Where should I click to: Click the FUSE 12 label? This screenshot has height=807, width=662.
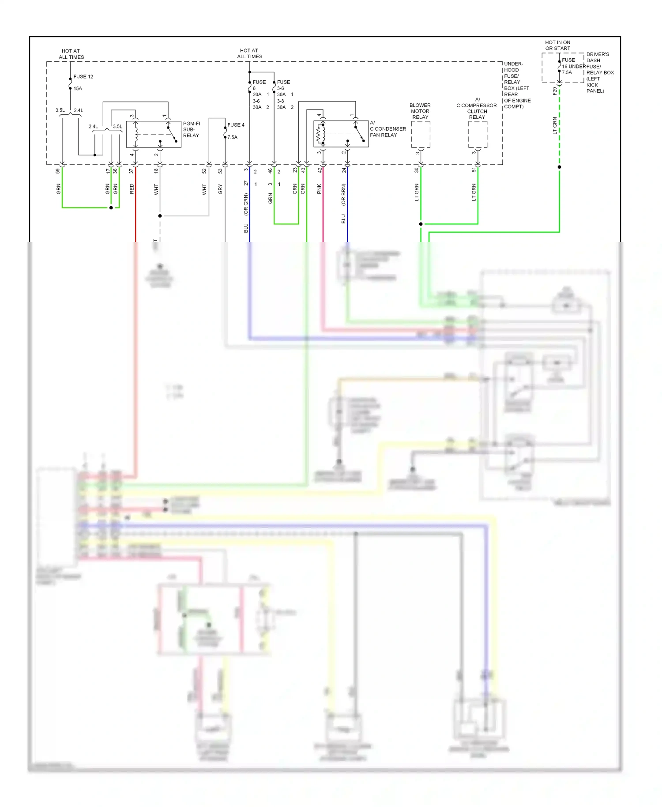(x=83, y=76)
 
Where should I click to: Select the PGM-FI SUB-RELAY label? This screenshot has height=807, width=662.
(x=191, y=129)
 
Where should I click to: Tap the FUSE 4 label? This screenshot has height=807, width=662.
(x=236, y=125)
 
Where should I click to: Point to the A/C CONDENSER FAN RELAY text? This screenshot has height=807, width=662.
(x=387, y=129)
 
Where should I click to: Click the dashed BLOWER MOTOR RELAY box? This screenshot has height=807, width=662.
(x=421, y=134)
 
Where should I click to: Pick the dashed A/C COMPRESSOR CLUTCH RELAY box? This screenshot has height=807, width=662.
(x=478, y=134)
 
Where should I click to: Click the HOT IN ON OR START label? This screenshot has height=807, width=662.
(x=557, y=45)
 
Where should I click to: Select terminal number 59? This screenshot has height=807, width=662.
(x=58, y=171)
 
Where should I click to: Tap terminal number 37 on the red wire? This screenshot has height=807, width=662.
(x=131, y=171)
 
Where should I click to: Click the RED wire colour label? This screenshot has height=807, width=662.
(x=132, y=189)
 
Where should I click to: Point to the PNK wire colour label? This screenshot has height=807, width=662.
(x=319, y=189)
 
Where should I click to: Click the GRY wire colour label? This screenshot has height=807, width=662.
(x=220, y=189)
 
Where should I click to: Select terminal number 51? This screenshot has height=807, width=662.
(x=474, y=170)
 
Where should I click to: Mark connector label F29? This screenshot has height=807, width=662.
(x=555, y=91)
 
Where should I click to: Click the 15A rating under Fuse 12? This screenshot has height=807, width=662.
(x=78, y=88)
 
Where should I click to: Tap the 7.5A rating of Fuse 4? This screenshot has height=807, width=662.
(x=232, y=137)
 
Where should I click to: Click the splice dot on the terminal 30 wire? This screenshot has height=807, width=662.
(x=421, y=224)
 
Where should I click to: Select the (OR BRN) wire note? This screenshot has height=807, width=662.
(x=343, y=195)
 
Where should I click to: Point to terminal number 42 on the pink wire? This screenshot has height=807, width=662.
(x=320, y=170)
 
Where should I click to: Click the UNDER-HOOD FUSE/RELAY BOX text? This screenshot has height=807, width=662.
(x=517, y=85)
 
